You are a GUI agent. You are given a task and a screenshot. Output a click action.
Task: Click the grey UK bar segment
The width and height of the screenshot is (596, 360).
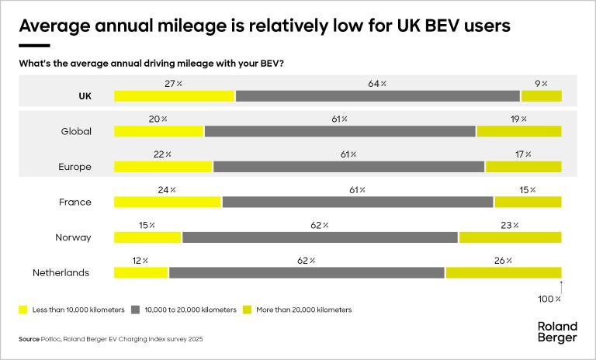377,96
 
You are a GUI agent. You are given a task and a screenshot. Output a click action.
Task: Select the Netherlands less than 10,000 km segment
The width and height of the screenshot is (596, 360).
140,272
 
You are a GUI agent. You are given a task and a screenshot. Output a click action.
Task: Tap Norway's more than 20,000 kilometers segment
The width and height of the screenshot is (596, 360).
510,237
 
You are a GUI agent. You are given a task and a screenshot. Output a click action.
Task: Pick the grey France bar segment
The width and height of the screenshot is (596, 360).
358,202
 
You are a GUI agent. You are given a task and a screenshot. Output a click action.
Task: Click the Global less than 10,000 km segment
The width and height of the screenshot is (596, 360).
158,131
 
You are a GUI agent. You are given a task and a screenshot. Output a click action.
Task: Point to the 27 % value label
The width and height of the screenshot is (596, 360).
174,84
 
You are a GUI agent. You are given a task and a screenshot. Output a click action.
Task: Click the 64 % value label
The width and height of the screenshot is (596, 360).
378,84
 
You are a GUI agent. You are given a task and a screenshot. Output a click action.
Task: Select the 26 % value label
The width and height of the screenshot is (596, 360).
503,261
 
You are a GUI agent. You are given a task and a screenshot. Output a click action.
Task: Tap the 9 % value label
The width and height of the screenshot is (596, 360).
541,84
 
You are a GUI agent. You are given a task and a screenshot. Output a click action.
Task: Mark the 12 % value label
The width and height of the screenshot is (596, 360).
140,261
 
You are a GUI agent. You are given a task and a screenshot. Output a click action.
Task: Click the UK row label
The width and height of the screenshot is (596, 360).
85,96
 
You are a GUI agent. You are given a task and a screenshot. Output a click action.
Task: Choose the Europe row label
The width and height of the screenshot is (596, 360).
74,167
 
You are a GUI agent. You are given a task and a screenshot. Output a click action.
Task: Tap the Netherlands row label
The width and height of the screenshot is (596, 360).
61,272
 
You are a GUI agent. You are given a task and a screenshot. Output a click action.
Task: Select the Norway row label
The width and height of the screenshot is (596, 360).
73,237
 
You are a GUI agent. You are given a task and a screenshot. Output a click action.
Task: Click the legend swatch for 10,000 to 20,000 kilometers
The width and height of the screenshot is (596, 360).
135,310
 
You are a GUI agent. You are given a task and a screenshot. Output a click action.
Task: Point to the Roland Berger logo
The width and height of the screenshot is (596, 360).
556,331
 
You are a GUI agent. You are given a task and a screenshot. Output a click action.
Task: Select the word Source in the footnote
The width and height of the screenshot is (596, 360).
29,339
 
